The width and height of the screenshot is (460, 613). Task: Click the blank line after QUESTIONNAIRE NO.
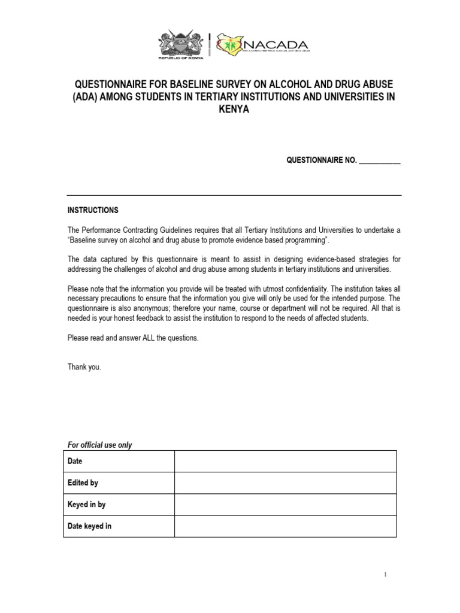tap(380, 160)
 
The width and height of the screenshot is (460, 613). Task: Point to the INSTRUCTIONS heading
tap(93, 210)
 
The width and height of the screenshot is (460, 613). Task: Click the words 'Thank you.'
tap(84, 367)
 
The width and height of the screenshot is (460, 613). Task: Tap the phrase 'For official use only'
tap(99, 445)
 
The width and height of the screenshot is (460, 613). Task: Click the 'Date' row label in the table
tap(75, 462)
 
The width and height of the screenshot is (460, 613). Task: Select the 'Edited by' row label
tap(83, 482)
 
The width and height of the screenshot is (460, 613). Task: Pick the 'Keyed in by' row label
tap(86, 504)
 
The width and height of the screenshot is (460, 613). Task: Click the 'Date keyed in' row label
tap(89, 526)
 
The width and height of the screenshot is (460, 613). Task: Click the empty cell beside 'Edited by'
tap(285, 482)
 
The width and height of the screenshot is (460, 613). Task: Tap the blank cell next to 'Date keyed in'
tap(285, 526)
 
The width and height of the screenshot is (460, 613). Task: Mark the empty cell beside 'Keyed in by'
tap(285, 504)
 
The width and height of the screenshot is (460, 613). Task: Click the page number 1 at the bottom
tap(386, 575)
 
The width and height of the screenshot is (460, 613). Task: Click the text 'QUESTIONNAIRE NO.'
tap(322, 160)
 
